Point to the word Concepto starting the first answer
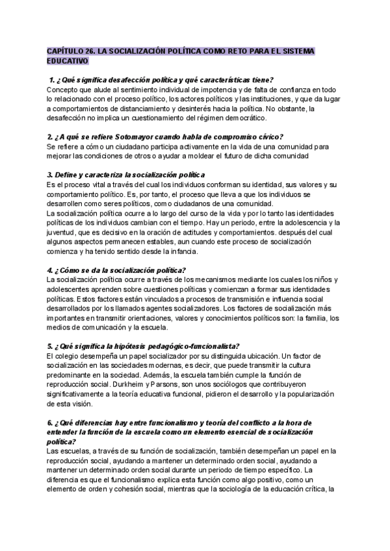pyautogui.click(x=64, y=89)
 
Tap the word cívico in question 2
pyautogui.click(x=263, y=136)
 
